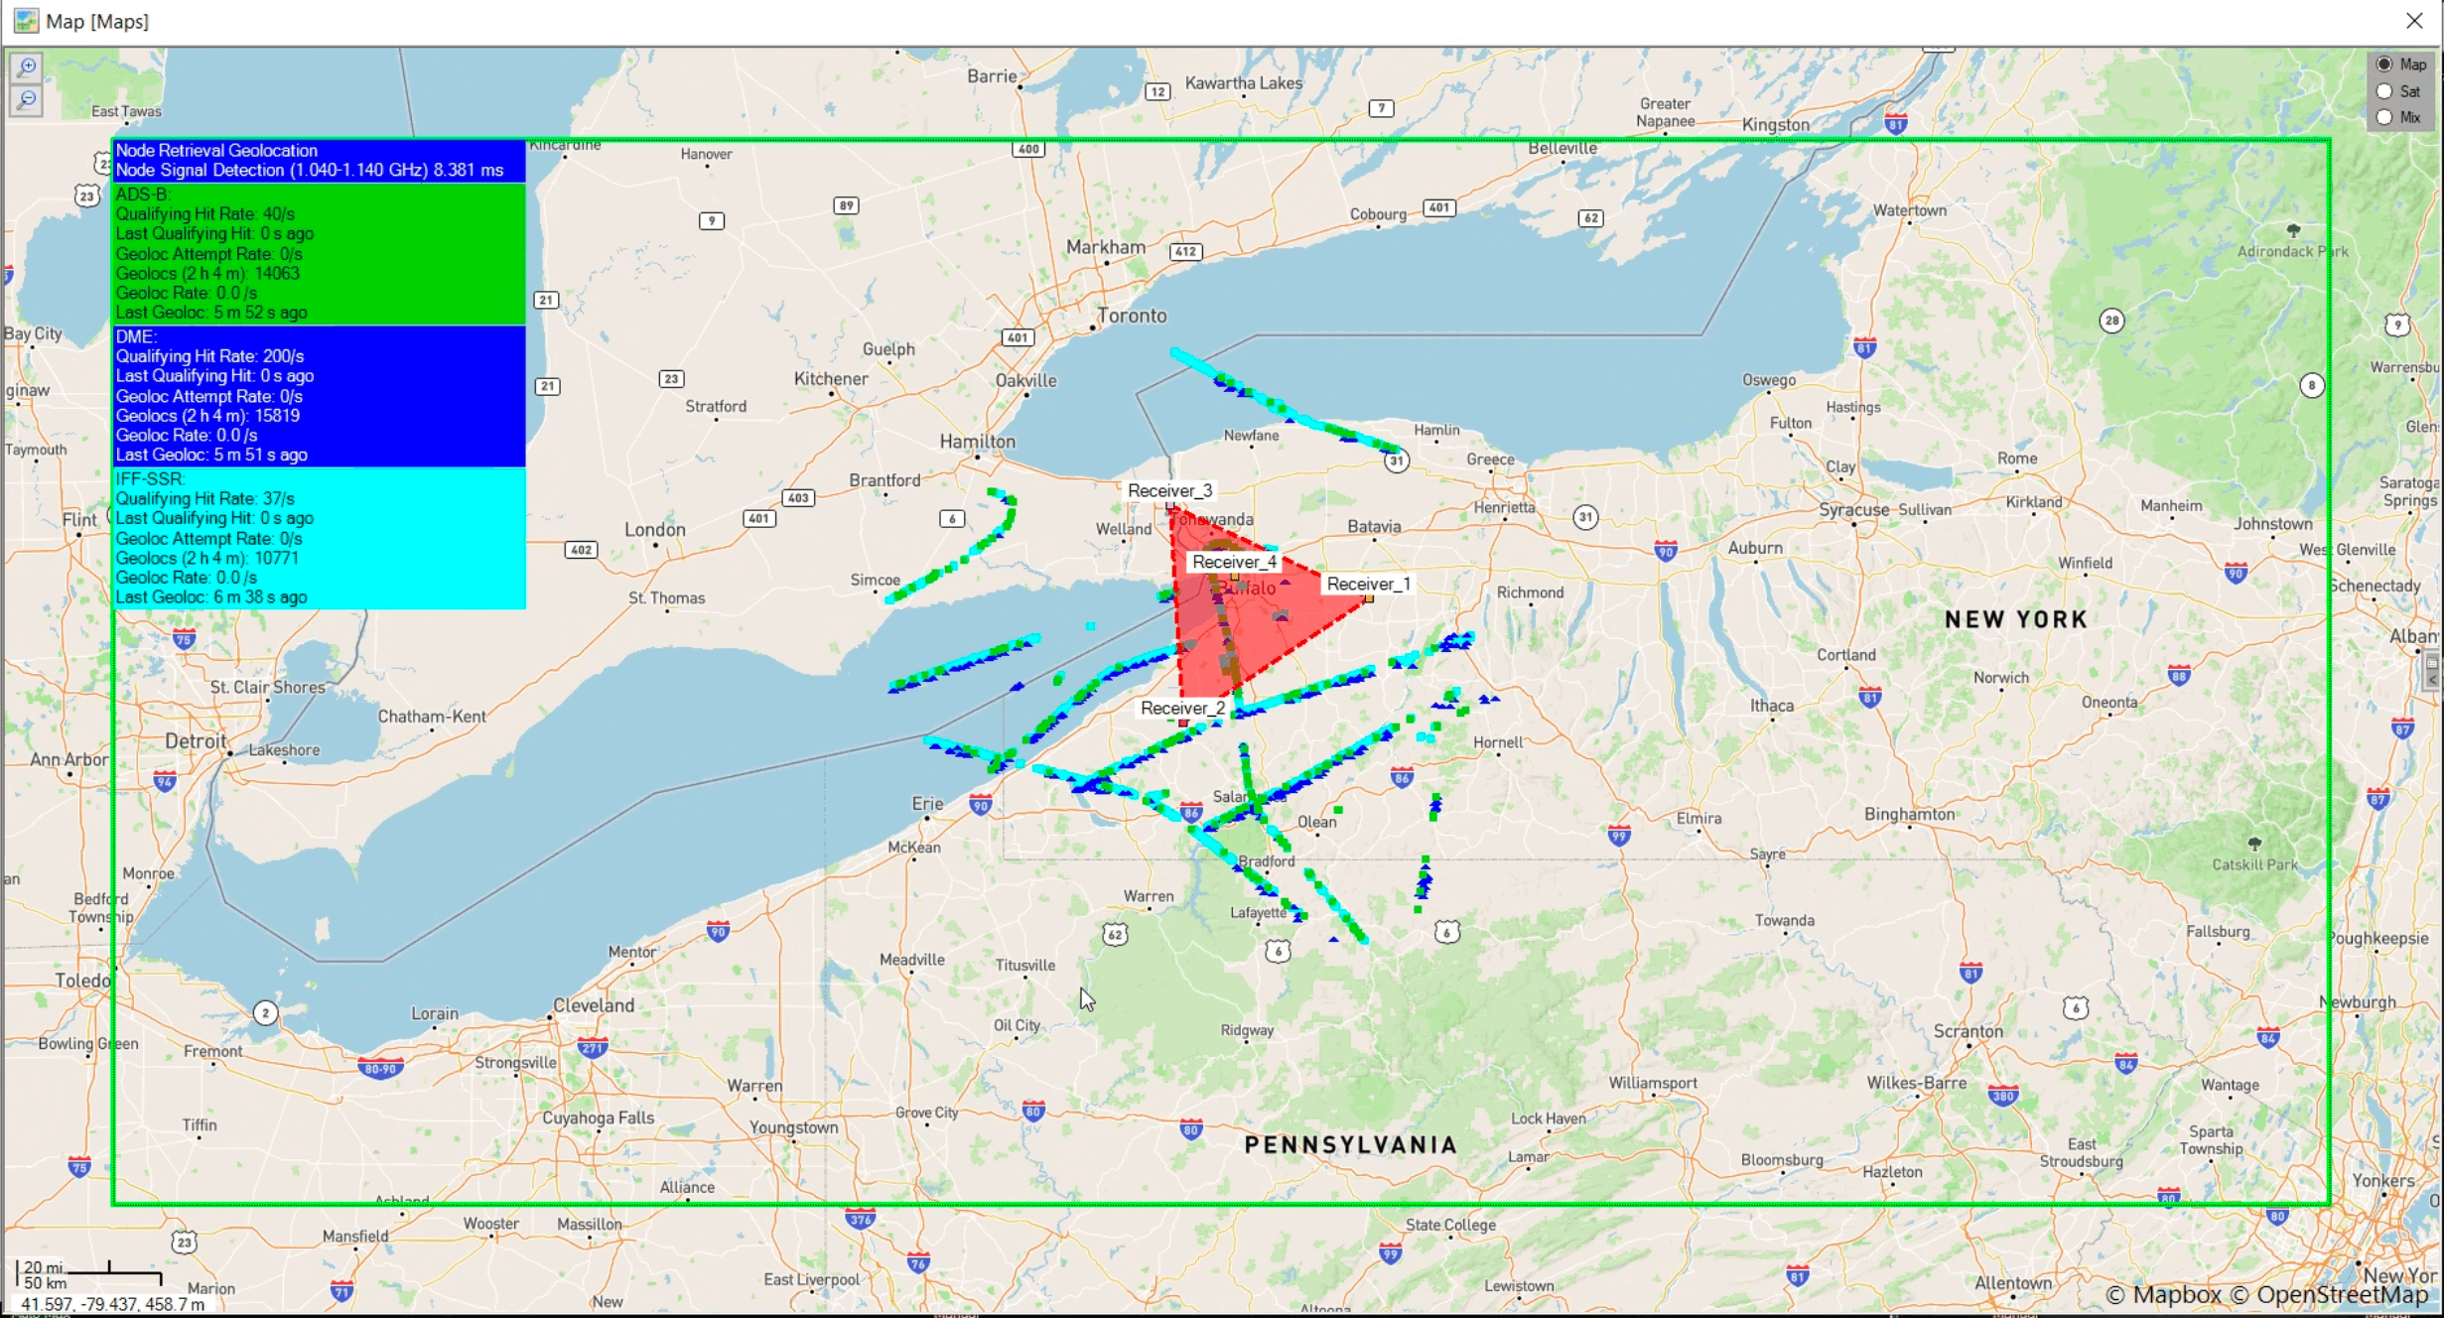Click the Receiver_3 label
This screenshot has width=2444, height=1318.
1169,490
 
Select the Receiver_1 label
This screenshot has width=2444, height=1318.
1368,584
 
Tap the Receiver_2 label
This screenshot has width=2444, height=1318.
1182,708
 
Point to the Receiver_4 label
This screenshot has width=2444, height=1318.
1234,562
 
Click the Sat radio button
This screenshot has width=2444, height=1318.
2384,91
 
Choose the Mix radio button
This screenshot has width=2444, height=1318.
2384,117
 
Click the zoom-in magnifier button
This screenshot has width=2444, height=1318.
27,67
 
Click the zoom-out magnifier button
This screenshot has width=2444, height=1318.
27,99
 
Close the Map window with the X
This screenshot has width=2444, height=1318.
2414,21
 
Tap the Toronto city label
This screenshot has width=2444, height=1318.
1132,316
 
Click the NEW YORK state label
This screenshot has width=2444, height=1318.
2015,619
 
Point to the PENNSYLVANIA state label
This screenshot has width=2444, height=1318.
1350,1144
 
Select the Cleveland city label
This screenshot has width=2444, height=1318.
594,1004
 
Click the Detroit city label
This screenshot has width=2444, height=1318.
196,740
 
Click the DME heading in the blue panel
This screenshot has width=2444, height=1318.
137,336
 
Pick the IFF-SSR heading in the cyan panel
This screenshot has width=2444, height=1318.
151,478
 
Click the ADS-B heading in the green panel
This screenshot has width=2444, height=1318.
143,194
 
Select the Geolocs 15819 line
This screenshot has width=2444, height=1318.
207,415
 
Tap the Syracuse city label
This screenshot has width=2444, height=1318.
1853,509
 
